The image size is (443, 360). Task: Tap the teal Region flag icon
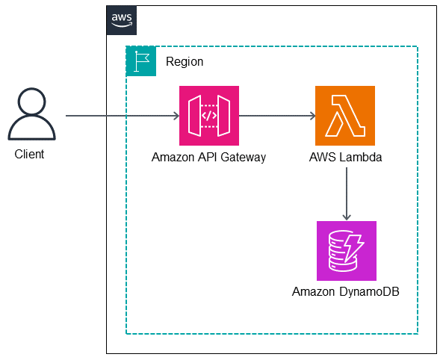pos(141,61)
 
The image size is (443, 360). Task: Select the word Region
pos(185,61)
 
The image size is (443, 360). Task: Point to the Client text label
pos(30,155)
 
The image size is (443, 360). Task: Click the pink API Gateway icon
pos(208,115)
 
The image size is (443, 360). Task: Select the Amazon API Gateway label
pos(208,157)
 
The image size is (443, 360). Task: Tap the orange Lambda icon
pos(345,115)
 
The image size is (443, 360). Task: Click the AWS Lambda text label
pos(345,157)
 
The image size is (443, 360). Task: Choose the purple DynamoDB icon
pos(346,250)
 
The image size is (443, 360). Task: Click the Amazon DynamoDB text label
pos(346,291)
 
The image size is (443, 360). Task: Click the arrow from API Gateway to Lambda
pos(276,116)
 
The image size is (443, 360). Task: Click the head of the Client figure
pos(31,102)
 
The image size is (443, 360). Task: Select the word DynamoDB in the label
pos(368,291)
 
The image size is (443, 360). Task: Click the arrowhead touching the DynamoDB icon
pos(346,216)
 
